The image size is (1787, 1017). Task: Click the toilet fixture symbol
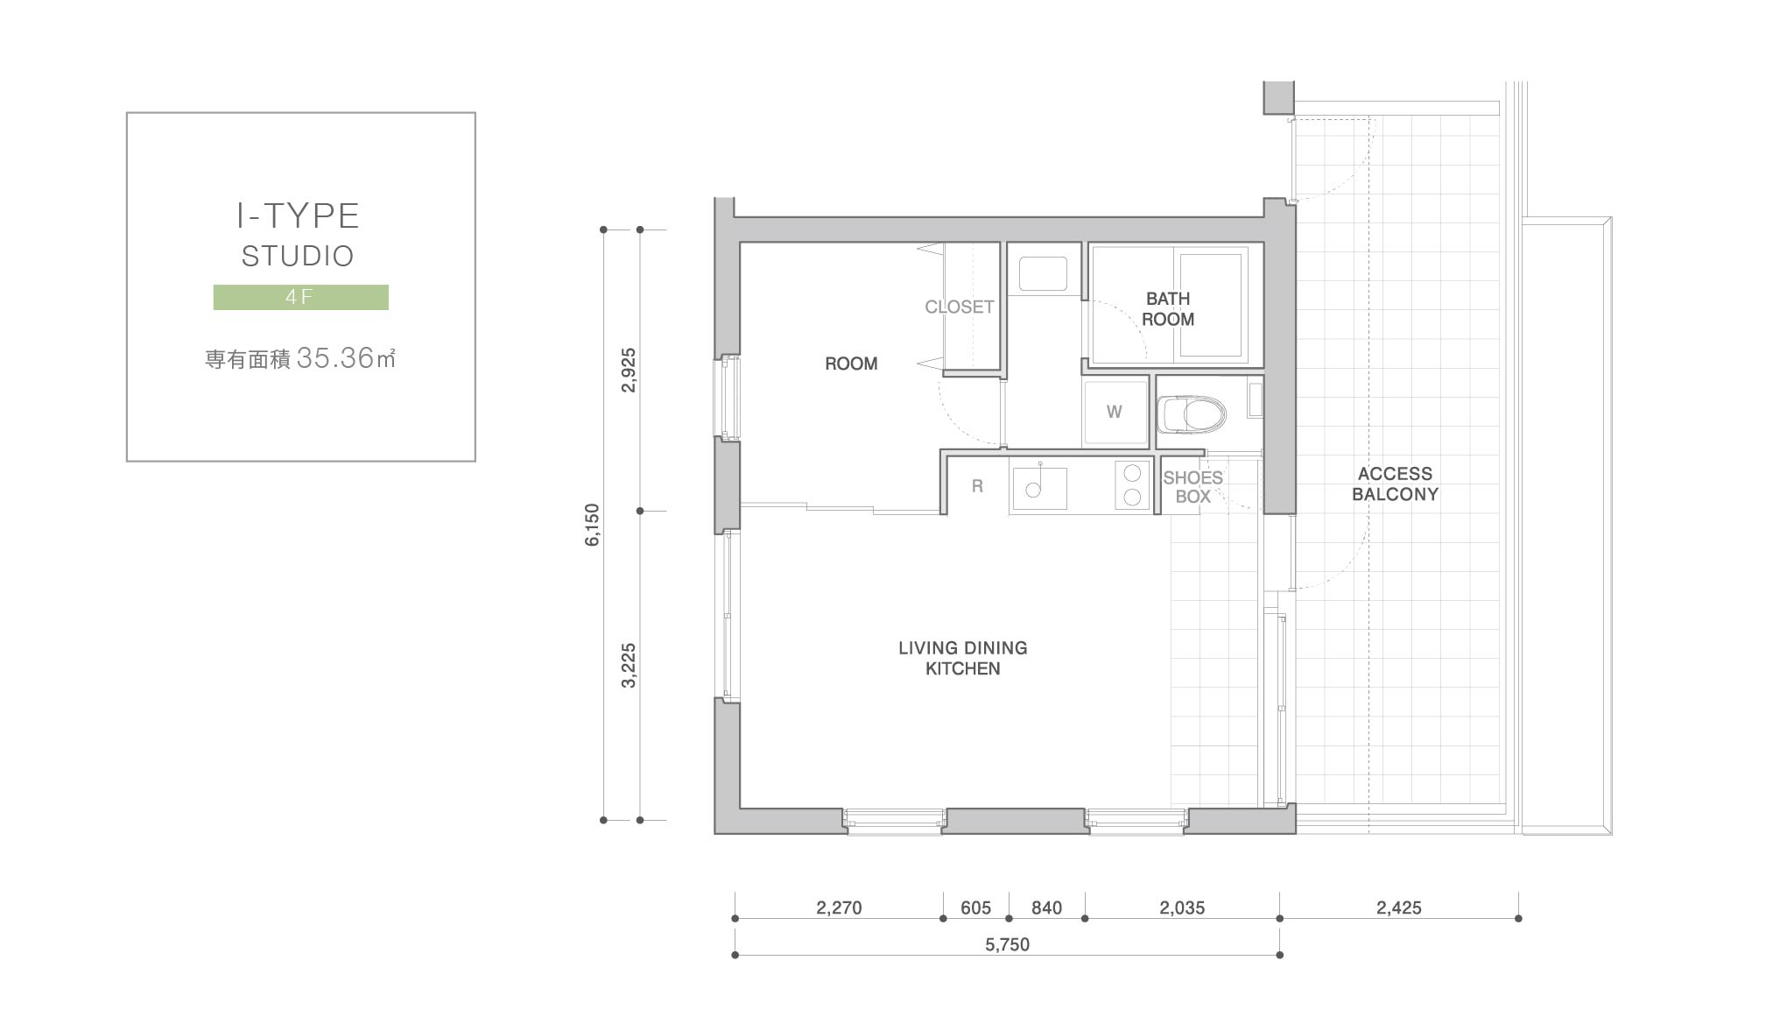click(x=1192, y=414)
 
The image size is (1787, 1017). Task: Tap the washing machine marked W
click(x=1115, y=412)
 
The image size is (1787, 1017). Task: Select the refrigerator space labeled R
click(x=977, y=486)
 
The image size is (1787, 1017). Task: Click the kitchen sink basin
click(x=1039, y=488)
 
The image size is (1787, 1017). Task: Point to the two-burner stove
click(x=1132, y=485)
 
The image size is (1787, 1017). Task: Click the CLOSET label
click(x=960, y=307)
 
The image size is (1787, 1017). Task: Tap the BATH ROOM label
click(x=1168, y=309)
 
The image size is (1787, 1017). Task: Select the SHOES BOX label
click(x=1193, y=487)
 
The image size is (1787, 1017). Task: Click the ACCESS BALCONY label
click(x=1395, y=484)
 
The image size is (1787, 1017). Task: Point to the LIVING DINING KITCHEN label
click(x=963, y=658)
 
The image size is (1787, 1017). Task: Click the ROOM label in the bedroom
click(x=851, y=364)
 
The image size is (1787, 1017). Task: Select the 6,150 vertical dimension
click(x=593, y=525)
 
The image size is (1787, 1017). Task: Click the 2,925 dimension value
click(x=629, y=370)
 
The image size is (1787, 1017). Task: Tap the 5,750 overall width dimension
click(x=1007, y=944)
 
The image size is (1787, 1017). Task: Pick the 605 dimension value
click(x=975, y=908)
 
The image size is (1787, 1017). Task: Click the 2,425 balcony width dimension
click(x=1398, y=908)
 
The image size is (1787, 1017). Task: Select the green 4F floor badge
click(x=301, y=297)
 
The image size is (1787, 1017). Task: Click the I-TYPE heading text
click(x=299, y=215)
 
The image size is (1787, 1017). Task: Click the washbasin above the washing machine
click(x=1043, y=273)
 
